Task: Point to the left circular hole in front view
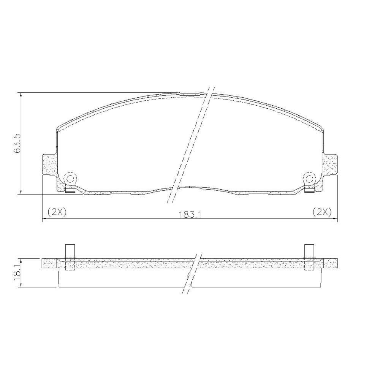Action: click(x=70, y=179)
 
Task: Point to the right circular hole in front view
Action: click(x=309, y=179)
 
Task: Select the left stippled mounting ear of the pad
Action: click(x=50, y=165)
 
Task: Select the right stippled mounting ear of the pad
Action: click(x=329, y=165)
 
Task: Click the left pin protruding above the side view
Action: click(x=70, y=251)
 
